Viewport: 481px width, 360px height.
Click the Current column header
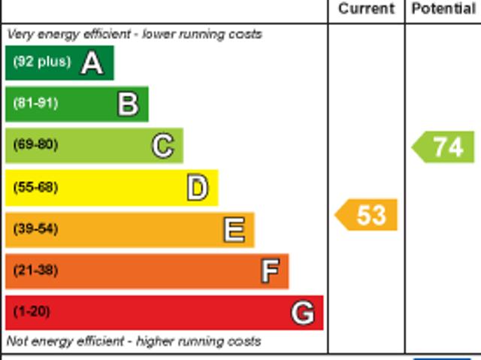click(x=366, y=9)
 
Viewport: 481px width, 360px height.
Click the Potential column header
click(x=443, y=9)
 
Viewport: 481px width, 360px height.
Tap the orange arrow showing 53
click(x=366, y=215)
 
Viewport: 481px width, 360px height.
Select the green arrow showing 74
click(x=443, y=147)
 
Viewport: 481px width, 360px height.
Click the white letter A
click(x=92, y=62)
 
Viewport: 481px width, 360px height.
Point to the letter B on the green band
click(x=128, y=104)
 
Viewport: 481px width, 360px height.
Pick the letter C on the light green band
click(x=162, y=145)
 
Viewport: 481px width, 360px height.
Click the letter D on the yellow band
click(x=197, y=187)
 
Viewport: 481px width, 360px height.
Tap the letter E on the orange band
click(x=234, y=229)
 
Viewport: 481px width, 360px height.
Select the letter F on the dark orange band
click(x=269, y=271)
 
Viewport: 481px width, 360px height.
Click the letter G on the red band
click(x=303, y=312)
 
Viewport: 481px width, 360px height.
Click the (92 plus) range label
click(x=41, y=62)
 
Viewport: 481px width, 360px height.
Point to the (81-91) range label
click(x=35, y=103)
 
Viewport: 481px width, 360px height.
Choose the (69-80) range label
click(x=35, y=144)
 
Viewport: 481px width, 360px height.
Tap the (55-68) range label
click(x=35, y=187)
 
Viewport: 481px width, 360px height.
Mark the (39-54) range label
click(x=35, y=228)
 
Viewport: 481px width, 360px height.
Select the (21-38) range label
click(x=35, y=270)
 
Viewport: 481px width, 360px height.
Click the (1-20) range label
click(x=32, y=311)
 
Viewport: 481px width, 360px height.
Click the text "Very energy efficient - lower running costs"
click(x=135, y=34)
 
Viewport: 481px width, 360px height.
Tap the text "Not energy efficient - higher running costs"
click(x=134, y=341)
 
